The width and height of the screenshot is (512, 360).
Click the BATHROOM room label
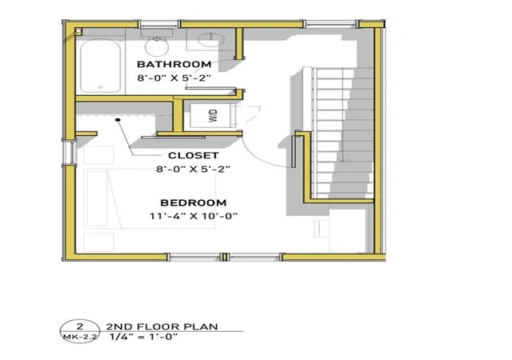tap(174, 64)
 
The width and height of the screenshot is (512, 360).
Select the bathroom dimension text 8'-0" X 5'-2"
tap(174, 78)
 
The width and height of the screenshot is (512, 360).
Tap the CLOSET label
tap(194, 155)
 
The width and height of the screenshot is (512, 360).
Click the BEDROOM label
tap(194, 202)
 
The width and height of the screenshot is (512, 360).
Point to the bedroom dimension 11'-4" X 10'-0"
tap(194, 216)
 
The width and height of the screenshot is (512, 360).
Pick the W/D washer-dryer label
tap(213, 116)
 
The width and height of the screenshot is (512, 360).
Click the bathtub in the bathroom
tap(100, 66)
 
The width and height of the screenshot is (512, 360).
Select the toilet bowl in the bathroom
tap(157, 46)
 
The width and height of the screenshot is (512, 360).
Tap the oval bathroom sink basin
tap(211, 39)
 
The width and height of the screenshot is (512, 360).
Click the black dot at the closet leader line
tap(118, 120)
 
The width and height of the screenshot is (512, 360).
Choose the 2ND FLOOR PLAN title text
tap(162, 326)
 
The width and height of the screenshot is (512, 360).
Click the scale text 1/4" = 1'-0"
tap(143, 337)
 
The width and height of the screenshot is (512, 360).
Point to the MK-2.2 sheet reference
tap(80, 337)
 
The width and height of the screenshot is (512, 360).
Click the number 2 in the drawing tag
tap(79, 326)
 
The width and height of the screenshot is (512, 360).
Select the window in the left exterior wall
tap(70, 153)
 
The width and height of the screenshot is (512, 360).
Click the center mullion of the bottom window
tap(224, 257)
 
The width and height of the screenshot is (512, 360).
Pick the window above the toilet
tap(158, 24)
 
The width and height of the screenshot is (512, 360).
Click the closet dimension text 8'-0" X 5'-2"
tap(194, 170)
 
